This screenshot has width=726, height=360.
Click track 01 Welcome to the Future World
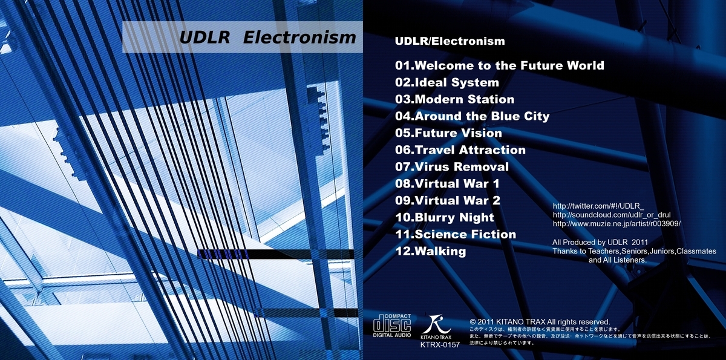(x=500, y=65)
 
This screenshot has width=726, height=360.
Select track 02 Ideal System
(x=447, y=83)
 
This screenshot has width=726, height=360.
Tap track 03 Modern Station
(x=454, y=99)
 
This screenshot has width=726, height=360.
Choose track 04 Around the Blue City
(x=472, y=116)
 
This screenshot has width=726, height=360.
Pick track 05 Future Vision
(x=448, y=133)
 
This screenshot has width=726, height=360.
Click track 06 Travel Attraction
(x=460, y=149)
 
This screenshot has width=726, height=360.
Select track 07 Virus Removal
(x=452, y=166)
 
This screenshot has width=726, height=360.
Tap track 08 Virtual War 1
(x=447, y=184)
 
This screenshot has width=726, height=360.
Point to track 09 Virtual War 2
(x=448, y=201)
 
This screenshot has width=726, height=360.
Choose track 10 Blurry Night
(x=445, y=217)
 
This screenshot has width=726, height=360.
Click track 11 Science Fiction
(x=456, y=234)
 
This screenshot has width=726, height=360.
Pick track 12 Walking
(x=431, y=252)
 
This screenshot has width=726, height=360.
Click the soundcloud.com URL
(x=612, y=215)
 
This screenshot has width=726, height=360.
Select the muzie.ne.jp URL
(x=616, y=224)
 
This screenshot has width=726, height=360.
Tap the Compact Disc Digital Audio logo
(x=392, y=326)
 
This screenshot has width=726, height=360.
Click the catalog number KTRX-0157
(x=440, y=345)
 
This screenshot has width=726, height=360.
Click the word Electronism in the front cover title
(x=299, y=38)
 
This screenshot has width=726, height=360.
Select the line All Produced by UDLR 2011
(x=600, y=243)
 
